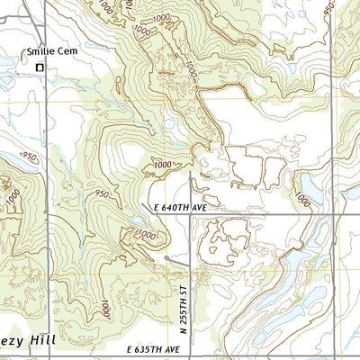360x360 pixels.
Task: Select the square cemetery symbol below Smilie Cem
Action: (x=39, y=67)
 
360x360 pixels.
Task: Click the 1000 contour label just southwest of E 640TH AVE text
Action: (x=144, y=234)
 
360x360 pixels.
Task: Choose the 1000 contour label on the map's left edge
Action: (x=11, y=194)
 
